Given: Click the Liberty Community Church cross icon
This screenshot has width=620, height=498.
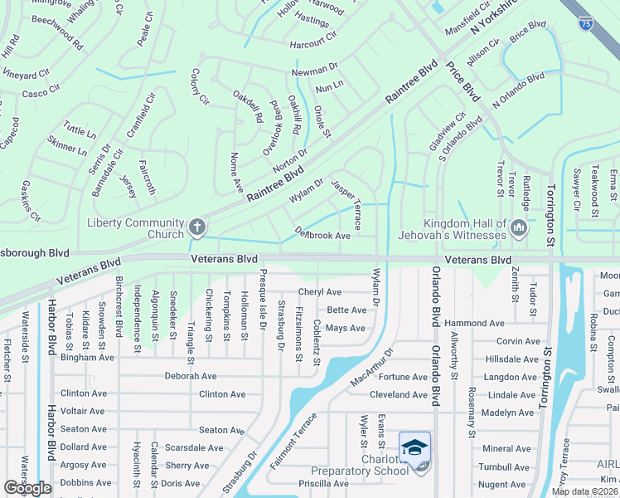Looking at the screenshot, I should [196, 226].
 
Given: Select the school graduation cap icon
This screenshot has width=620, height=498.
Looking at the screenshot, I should [414, 447].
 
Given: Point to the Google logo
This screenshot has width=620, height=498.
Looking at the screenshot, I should [28, 488].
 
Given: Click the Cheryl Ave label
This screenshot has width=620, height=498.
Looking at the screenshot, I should [320, 292].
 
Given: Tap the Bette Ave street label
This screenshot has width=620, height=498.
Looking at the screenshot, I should [346, 310].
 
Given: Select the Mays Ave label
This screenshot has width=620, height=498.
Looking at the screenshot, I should [345, 329].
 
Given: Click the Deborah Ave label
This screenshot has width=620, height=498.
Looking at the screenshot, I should [190, 376].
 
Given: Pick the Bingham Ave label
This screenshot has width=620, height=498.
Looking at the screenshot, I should [86, 358].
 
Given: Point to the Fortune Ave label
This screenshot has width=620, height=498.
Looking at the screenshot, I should [402, 377].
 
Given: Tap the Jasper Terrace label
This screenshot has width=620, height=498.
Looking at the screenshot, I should [346, 204].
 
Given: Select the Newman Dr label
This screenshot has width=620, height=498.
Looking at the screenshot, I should [315, 73].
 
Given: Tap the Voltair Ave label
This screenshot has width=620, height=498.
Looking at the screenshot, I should [82, 411].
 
